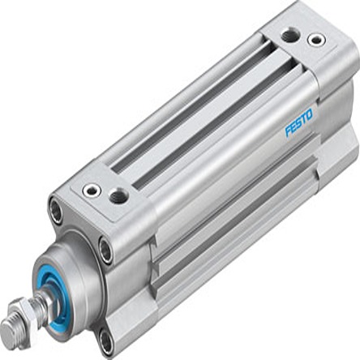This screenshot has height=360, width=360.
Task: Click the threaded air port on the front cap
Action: (119, 195)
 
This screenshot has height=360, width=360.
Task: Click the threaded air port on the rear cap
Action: (289, 36)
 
